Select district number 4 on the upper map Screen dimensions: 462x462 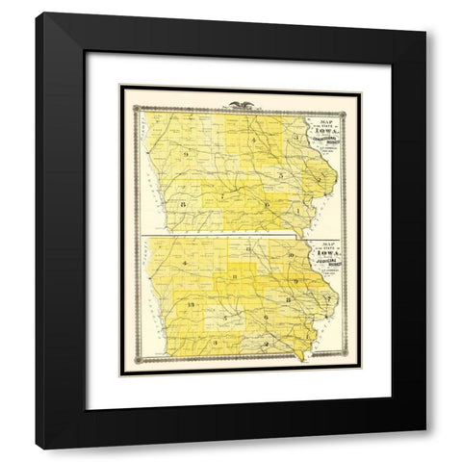coord(254,141)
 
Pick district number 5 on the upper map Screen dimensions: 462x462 coord(279,175)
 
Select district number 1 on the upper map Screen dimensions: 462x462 coord(298,210)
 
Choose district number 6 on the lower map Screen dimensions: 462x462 coord(265,316)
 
